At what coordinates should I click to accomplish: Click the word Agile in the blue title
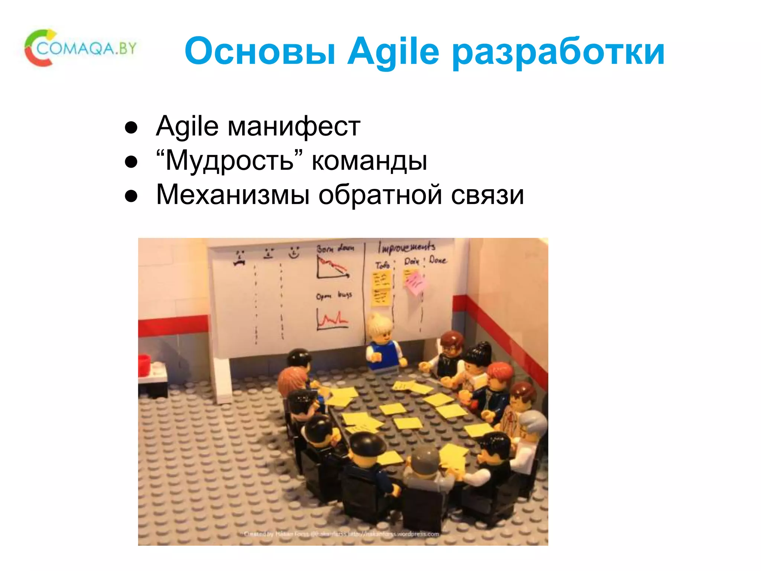click(393, 52)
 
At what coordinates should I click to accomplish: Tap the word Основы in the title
click(260, 52)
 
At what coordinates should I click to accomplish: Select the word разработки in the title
click(558, 52)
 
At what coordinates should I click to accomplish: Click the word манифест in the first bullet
click(294, 126)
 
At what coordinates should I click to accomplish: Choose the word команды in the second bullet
click(369, 161)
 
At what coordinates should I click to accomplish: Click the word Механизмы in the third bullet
click(233, 194)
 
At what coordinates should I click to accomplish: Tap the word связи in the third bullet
click(488, 194)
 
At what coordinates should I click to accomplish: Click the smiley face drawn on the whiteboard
click(294, 252)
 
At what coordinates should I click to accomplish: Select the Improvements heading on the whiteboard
click(407, 247)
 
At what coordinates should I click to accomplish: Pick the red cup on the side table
click(144, 365)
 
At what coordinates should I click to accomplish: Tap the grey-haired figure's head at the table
click(532, 426)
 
